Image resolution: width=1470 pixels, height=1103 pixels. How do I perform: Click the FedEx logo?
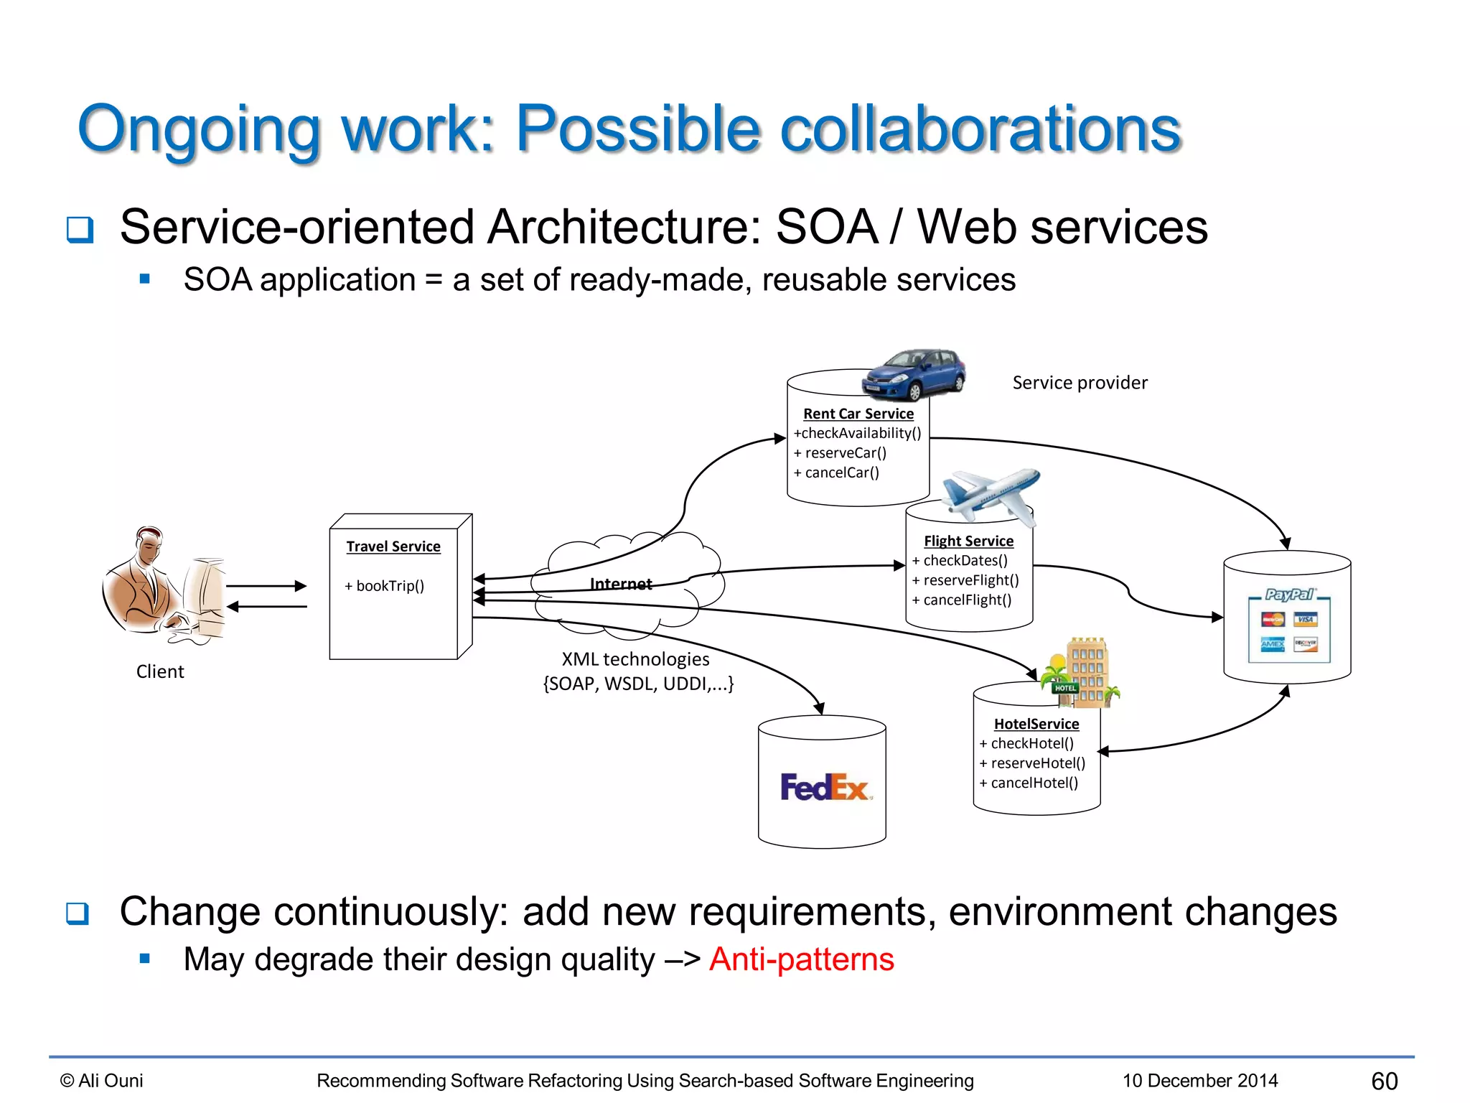(x=824, y=787)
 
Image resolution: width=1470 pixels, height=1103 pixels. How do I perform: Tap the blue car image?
(x=914, y=374)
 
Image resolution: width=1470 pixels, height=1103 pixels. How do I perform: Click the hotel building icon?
(x=1081, y=673)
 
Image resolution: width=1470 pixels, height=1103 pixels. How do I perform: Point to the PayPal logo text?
(x=1288, y=595)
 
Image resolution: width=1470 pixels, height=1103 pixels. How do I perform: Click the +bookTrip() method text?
(x=385, y=586)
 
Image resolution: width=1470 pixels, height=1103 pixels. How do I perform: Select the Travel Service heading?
(x=393, y=546)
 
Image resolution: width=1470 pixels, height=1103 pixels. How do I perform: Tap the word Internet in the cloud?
(x=621, y=585)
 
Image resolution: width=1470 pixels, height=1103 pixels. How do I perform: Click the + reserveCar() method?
(x=841, y=453)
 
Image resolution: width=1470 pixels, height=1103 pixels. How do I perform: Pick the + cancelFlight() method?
(x=962, y=600)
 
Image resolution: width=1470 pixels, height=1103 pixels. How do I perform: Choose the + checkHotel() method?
(x=1027, y=743)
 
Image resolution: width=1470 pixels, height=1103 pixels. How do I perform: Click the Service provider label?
(x=1080, y=383)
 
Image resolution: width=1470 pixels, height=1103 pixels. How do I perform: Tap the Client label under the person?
(x=160, y=671)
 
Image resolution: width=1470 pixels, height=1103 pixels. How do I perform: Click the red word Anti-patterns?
(x=802, y=959)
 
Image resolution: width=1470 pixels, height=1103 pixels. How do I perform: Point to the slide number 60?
(x=1384, y=1081)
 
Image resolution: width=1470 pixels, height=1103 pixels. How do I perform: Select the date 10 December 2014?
(x=1200, y=1081)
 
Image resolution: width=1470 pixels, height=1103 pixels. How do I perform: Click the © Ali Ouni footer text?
(x=102, y=1081)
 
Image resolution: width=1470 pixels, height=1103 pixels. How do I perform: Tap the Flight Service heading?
(x=968, y=541)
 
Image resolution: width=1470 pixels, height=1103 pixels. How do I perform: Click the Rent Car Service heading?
(x=858, y=414)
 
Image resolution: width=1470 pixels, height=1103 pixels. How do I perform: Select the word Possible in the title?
(x=638, y=129)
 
